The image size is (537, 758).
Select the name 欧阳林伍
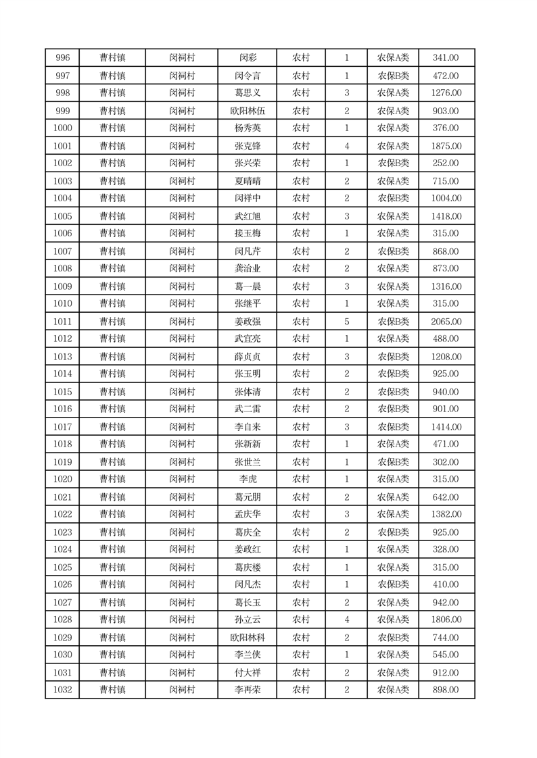click(x=247, y=111)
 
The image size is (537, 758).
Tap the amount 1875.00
click(x=446, y=146)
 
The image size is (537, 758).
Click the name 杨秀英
click(x=247, y=128)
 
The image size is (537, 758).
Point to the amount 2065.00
click(x=446, y=322)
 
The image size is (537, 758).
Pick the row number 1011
click(x=62, y=322)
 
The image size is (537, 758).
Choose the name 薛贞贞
click(x=247, y=357)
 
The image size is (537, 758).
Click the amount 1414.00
click(x=446, y=427)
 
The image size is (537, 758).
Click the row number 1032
click(x=62, y=690)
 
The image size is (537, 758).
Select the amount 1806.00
click(x=446, y=620)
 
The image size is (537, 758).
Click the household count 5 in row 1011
click(x=346, y=322)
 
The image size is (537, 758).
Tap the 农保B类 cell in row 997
click(x=393, y=76)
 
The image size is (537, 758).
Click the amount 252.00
click(x=446, y=163)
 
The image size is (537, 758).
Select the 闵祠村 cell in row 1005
click(x=182, y=216)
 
